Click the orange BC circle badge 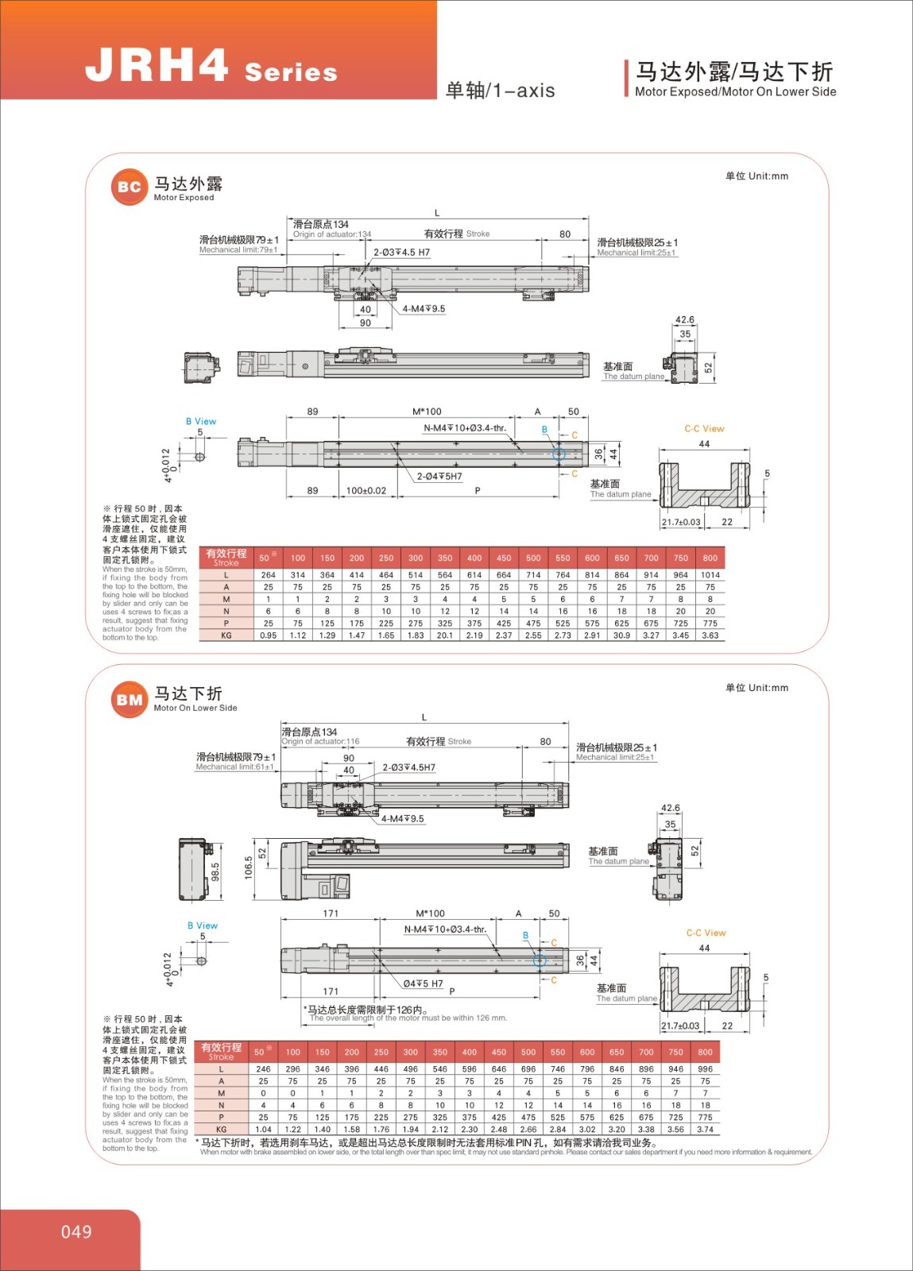click(x=129, y=187)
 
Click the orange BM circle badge click(x=129, y=700)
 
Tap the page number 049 click(x=76, y=1231)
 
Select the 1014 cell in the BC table click(x=710, y=575)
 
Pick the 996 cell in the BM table click(x=705, y=1069)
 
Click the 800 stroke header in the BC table click(x=710, y=558)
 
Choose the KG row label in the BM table click(x=221, y=1129)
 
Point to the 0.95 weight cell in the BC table click(x=269, y=635)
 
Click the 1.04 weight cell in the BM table click(x=263, y=1129)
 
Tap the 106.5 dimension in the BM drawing click(x=249, y=867)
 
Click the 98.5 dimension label click(x=215, y=871)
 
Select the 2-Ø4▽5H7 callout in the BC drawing click(x=439, y=477)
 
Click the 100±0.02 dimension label click(x=366, y=491)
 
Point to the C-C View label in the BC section click(x=704, y=429)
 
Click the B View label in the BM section click(x=203, y=925)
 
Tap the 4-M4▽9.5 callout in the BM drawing click(x=403, y=819)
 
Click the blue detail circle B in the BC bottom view click(x=559, y=454)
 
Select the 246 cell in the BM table click(x=263, y=1069)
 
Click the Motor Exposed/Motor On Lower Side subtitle click(x=735, y=92)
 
